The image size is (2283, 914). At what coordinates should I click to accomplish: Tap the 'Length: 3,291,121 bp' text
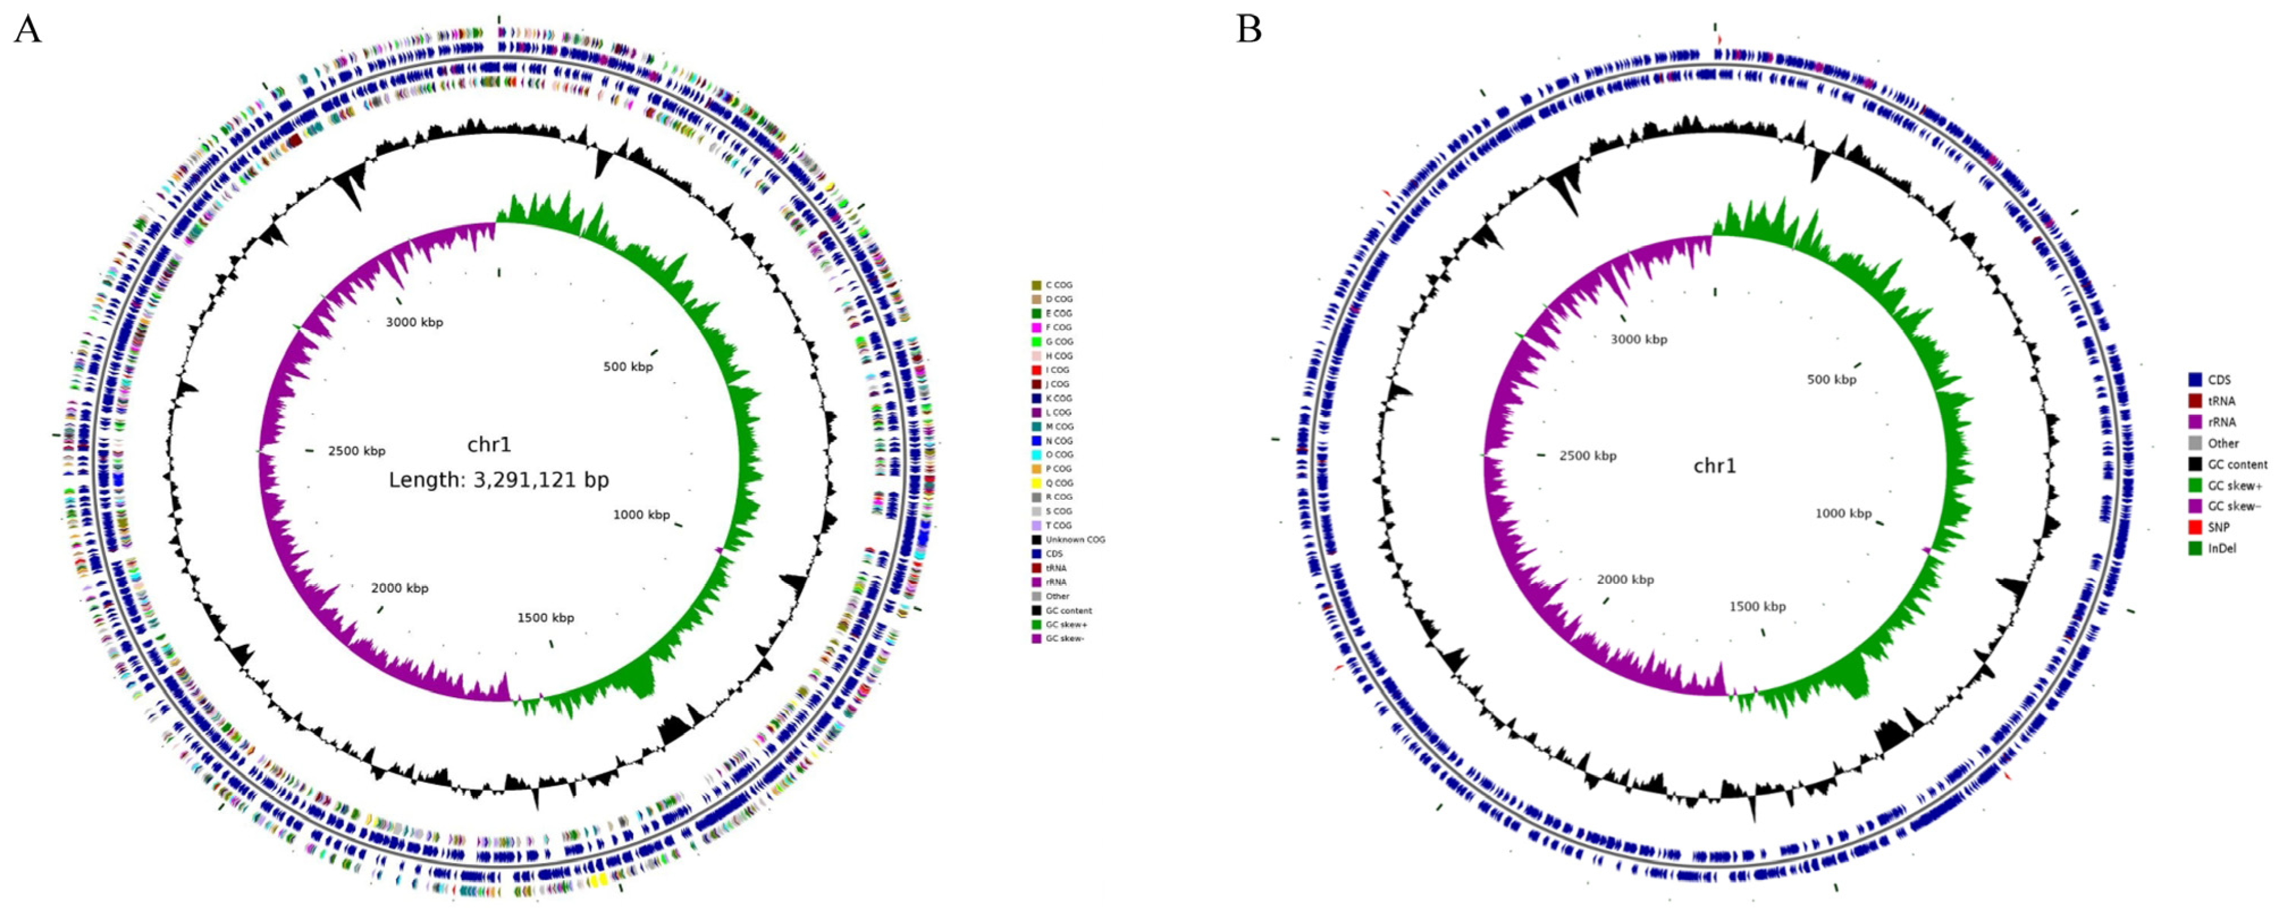point(499,480)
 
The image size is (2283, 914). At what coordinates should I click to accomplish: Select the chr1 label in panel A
point(489,445)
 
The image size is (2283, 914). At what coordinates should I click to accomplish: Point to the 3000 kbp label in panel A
point(414,322)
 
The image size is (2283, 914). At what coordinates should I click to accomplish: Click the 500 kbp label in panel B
point(1831,379)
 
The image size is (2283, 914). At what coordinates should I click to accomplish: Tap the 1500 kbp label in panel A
point(545,618)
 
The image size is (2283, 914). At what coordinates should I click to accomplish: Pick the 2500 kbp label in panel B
point(1587,456)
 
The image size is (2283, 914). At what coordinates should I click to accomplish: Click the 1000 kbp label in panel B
point(1843,513)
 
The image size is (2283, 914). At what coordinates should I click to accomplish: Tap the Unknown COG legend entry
point(1074,540)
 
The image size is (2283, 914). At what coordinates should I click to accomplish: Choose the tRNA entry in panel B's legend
point(2221,401)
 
